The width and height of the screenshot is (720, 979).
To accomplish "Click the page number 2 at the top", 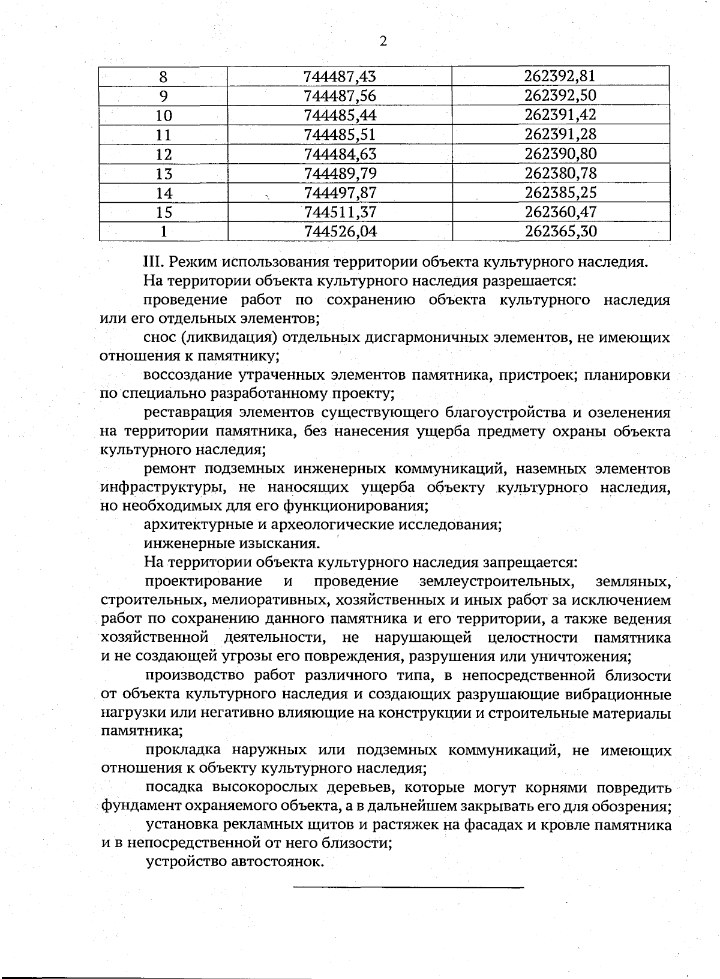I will pos(383,41).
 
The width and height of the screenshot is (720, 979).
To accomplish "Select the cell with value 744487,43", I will pos(340,77).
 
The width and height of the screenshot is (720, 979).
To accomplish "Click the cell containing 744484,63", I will pos(340,154).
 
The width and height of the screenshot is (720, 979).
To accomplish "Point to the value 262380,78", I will pos(560,173).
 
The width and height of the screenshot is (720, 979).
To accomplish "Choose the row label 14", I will pos(164,193).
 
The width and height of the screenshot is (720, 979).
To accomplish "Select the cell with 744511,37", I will pos(340,212).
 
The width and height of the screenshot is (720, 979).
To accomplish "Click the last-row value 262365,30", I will pos(560,232).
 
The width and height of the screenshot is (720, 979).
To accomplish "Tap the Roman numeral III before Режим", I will pos(154,262).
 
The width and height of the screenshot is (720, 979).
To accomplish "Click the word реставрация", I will pos(187,413).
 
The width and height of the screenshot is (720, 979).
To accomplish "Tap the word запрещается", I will pos(530,563).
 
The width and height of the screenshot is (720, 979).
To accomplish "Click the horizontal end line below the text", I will pos(408,887).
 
